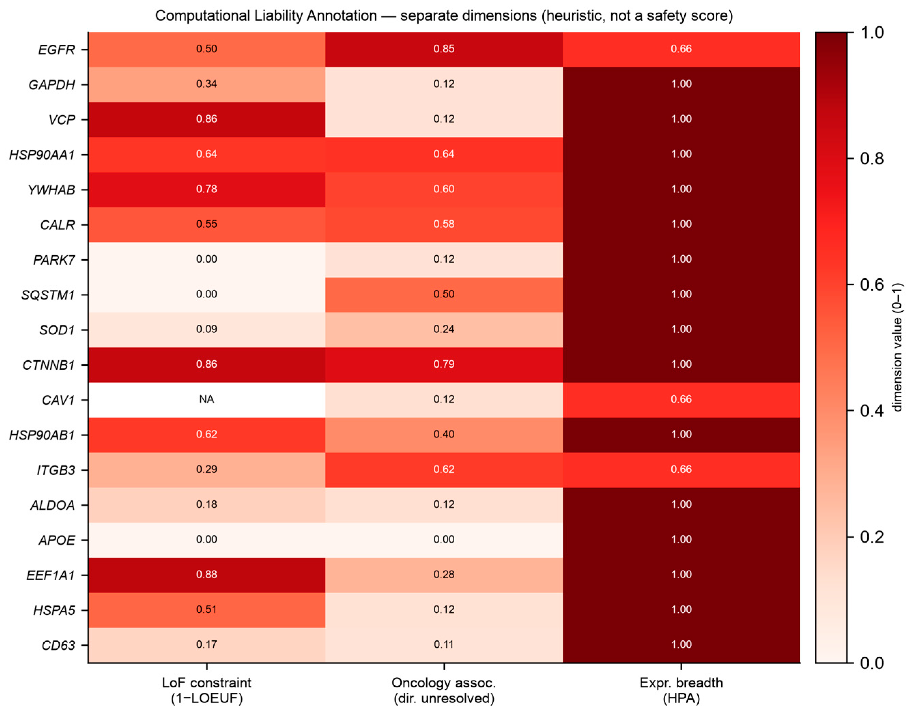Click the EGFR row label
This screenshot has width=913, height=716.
tap(56, 50)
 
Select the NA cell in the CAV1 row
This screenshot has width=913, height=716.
tap(206, 399)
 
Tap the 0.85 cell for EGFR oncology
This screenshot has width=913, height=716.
tap(444, 49)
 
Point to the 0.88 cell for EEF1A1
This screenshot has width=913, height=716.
tap(206, 575)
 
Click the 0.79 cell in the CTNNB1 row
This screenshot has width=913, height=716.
tap(444, 364)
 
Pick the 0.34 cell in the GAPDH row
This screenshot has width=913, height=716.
tap(206, 84)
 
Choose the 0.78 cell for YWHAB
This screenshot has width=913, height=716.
tap(206, 189)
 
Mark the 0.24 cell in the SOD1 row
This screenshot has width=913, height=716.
tap(444, 330)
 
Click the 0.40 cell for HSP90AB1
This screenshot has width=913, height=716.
tap(444, 435)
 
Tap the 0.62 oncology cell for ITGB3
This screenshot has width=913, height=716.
tap(444, 469)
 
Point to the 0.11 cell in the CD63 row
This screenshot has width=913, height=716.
tap(444, 645)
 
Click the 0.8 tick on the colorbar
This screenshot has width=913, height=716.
tap(851, 159)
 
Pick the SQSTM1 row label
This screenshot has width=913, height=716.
tap(48, 295)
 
